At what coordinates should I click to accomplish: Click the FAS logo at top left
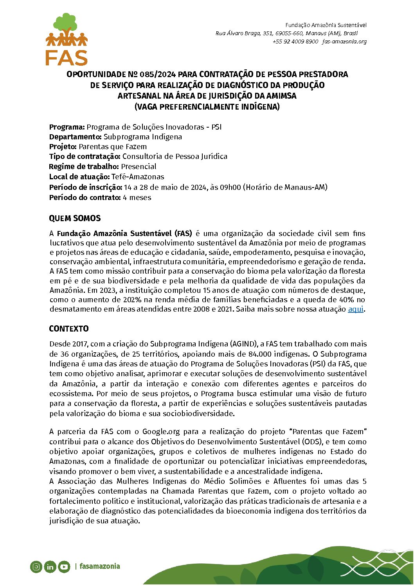click(x=67, y=40)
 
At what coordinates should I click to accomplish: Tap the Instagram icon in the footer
click(x=36, y=566)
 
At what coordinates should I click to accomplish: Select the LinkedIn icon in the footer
click(x=50, y=566)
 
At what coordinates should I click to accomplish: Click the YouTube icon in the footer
click(x=64, y=566)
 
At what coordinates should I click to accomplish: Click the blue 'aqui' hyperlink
click(x=356, y=309)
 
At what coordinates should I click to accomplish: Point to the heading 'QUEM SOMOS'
click(x=75, y=218)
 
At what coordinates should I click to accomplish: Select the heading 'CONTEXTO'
click(x=69, y=329)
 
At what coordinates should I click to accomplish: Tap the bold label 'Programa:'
click(x=67, y=127)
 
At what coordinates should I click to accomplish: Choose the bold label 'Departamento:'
click(x=76, y=137)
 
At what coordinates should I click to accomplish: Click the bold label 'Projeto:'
click(x=63, y=147)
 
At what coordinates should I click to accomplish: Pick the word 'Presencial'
click(x=139, y=167)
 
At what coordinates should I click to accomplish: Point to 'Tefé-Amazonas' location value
click(x=138, y=177)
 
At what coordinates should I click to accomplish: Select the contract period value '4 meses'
click(x=137, y=198)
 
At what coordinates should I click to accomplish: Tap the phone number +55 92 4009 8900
click(x=295, y=41)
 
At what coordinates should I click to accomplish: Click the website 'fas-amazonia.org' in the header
click(x=344, y=41)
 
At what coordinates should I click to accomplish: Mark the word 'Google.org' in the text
click(x=161, y=432)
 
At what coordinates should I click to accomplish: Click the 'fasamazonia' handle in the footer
click(x=100, y=566)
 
